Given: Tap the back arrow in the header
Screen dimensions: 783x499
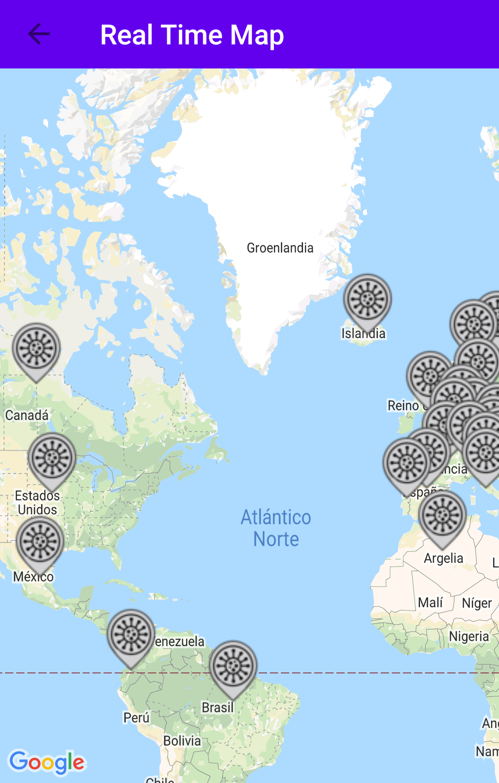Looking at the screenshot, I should click(x=39, y=34).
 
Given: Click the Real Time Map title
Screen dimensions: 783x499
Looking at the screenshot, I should click(x=192, y=35).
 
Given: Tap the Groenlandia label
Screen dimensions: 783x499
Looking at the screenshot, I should click(x=280, y=248).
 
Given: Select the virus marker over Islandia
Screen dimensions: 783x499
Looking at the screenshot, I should click(x=367, y=299).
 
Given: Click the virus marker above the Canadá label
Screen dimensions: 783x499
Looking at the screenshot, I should click(x=36, y=349).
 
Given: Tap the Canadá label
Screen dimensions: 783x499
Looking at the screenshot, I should click(x=27, y=415).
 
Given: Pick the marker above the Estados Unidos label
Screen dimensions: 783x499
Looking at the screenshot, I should click(x=52, y=458).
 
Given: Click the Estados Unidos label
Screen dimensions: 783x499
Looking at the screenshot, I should click(x=37, y=503).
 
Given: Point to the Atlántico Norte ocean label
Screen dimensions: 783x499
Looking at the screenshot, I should click(x=276, y=528).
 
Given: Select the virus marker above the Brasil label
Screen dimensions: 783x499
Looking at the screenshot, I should click(x=233, y=666).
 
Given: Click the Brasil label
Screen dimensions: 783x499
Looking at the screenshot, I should click(x=218, y=708).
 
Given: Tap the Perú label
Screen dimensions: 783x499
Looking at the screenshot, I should click(x=136, y=718).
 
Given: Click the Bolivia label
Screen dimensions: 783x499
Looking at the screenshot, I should click(x=182, y=741).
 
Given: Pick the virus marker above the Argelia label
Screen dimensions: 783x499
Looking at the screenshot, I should click(x=442, y=516).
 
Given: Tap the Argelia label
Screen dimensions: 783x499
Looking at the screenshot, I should click(x=444, y=559).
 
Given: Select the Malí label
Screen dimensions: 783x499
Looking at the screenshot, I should click(x=430, y=603).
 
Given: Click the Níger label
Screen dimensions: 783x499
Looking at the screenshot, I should click(x=477, y=604).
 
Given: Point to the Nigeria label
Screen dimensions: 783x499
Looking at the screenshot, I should click(x=469, y=637).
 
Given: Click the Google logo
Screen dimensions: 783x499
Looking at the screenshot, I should click(x=47, y=762).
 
